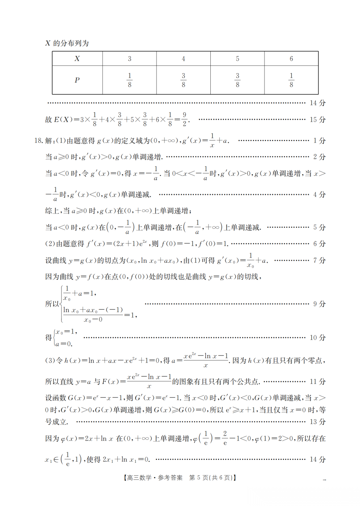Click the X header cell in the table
pyautogui.click(x=77, y=59)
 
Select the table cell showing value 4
pyautogui.click(x=183, y=59)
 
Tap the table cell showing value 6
pyautogui.click(x=291, y=59)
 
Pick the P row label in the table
pyautogui.click(x=77, y=80)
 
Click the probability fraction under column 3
pyautogui.click(x=129, y=80)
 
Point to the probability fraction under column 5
pyautogui.click(x=237, y=80)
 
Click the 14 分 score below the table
pyautogui.click(x=317, y=103)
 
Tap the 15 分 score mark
pyautogui.click(x=317, y=120)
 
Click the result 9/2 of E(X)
pyautogui.click(x=184, y=119)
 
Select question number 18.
pyautogui.click(x=38, y=141)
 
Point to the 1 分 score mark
pyautogui.click(x=319, y=141)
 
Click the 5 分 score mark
pyautogui.click(x=319, y=228)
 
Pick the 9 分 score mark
pyautogui.click(x=319, y=304)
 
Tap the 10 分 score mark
pyautogui.click(x=317, y=338)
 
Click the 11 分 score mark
pyautogui.click(x=317, y=382)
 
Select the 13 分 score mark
pyautogui.click(x=317, y=422)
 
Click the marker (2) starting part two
pyautogui.click(x=50, y=244)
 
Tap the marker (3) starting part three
pyautogui.click(x=50, y=361)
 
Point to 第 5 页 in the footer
pyautogui.click(x=198, y=478)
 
